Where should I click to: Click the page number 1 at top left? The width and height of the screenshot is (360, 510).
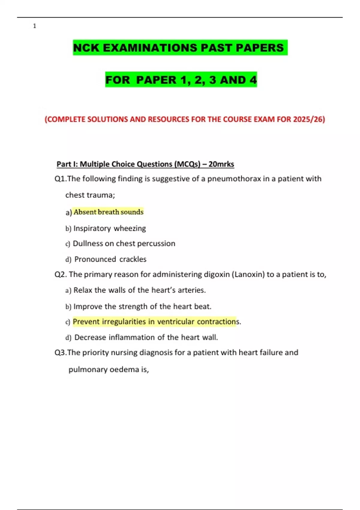coord(34,26)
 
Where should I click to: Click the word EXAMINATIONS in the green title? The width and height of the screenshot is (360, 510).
coord(150,48)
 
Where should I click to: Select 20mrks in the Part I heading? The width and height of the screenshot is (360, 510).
coord(221,164)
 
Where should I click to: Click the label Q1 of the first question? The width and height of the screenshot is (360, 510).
coord(60,178)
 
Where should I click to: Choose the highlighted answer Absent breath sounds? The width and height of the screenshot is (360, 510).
coord(109,212)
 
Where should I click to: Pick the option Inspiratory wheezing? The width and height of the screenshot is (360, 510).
coord(109,228)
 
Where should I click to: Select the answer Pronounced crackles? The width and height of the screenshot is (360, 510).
coord(110,259)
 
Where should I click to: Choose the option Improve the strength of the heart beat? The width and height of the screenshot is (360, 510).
coord(142,306)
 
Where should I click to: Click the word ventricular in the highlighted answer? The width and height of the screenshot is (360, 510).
coord(176,322)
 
